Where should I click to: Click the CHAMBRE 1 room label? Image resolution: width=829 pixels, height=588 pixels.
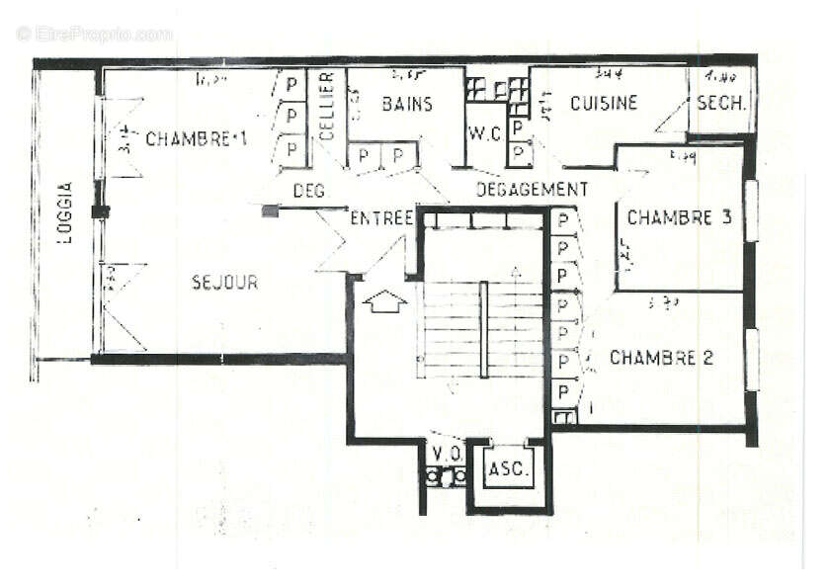(196, 139)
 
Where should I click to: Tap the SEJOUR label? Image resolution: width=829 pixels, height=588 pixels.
(224, 283)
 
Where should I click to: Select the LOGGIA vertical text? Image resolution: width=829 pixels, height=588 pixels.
(65, 213)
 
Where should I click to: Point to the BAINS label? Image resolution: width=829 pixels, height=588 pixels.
(407, 104)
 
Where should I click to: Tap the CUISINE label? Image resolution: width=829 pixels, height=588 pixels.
(604, 103)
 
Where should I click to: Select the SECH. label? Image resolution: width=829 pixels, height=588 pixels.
(721, 104)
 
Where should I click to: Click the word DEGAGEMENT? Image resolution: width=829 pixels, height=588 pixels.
(532, 189)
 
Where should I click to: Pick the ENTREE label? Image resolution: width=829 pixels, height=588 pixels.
(380, 218)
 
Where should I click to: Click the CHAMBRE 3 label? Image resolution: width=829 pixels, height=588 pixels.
(679, 217)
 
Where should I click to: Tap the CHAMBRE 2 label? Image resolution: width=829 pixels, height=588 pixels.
(661, 358)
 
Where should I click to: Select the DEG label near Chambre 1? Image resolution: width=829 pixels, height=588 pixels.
(309, 191)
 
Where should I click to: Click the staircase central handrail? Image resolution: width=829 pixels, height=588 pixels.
(483, 328)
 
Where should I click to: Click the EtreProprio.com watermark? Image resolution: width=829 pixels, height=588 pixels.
(95, 34)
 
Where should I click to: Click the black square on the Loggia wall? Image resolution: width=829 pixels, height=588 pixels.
(99, 211)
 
